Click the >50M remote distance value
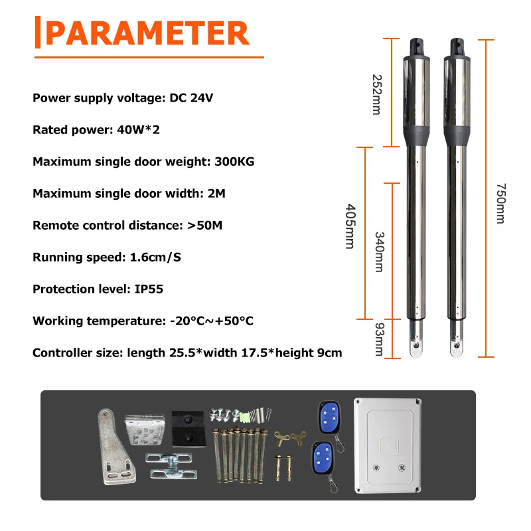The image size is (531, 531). [204, 226]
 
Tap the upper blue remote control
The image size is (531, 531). [327, 416]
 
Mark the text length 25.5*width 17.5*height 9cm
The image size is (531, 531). [253, 353]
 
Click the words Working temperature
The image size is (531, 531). [94, 321]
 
